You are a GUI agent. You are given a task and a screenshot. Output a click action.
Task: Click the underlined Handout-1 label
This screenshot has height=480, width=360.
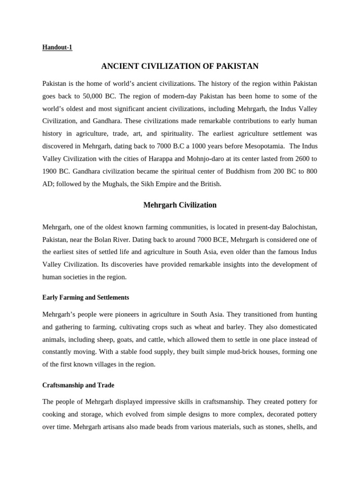pos(57,47)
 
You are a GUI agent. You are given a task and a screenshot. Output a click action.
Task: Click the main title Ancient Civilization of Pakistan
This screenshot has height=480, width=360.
pos(180,66)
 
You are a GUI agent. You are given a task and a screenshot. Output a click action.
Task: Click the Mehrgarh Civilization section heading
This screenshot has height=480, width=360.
pos(180,205)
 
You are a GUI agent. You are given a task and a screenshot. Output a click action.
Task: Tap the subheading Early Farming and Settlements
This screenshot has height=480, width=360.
pos(85,298)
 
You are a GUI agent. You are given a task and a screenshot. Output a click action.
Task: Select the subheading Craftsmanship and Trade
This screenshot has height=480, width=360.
pos(78,385)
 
